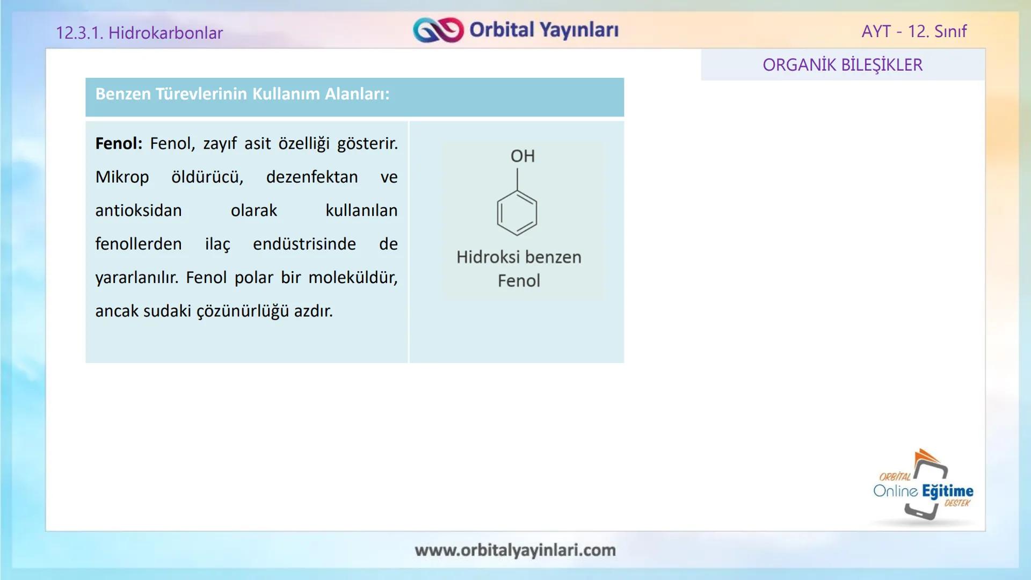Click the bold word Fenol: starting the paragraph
tap(119, 144)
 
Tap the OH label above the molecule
tap(522, 156)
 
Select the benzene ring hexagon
tap(517, 213)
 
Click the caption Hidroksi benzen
tap(519, 257)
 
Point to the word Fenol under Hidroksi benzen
tap(519, 281)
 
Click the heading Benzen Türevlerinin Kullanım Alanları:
tap(242, 95)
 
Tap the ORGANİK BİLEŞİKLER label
tap(842, 65)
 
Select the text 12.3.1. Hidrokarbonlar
tap(139, 33)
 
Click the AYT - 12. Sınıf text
tap(913, 31)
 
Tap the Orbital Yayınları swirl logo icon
tap(438, 30)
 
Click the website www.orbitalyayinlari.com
tap(515, 550)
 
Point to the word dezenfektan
tap(311, 177)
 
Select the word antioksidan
tap(139, 211)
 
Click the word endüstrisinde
tap(304, 244)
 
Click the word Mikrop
tap(122, 177)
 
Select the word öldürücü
tap(207, 177)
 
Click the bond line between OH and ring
tap(517, 179)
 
